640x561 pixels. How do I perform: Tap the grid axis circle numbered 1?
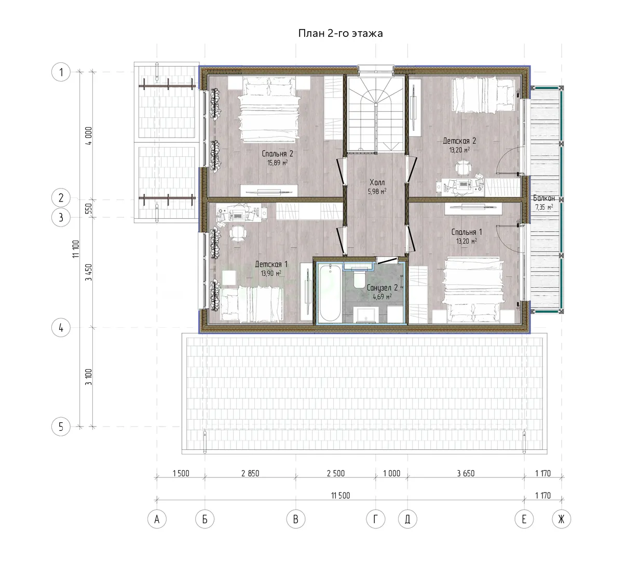coord(61,72)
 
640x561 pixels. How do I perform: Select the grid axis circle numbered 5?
coord(61,426)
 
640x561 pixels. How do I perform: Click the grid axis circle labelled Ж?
coord(561,519)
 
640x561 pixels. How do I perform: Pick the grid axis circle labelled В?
coord(295,519)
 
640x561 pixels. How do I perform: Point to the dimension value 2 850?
coord(250,473)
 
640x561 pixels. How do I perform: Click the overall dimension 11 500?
coord(341,496)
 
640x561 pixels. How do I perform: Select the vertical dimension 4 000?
coord(89,136)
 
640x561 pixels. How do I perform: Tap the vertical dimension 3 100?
coord(89,377)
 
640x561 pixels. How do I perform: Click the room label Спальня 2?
coord(278,154)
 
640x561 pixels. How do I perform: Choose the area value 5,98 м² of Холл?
coord(377,191)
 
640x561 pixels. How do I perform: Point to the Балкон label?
coord(544,198)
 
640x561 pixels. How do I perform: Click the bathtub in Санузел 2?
coord(330,293)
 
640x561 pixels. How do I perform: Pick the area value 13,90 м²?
coord(271,273)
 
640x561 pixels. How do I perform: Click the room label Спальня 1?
coord(467,232)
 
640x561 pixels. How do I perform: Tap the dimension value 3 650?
coord(466,473)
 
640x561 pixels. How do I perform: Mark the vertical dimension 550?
coord(89,208)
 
